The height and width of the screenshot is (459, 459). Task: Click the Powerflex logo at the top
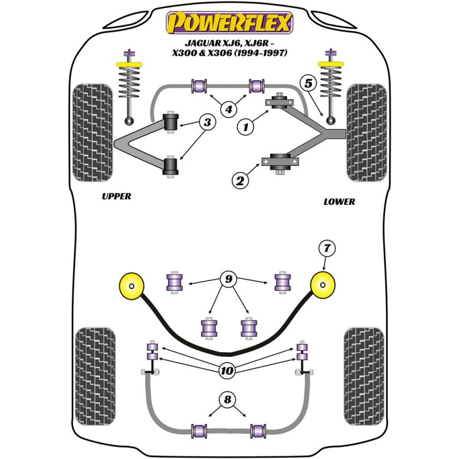pyautogui.click(x=229, y=22)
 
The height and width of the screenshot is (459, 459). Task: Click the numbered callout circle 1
pyautogui.click(x=246, y=128)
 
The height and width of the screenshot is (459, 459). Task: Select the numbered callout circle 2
pyautogui.click(x=239, y=181)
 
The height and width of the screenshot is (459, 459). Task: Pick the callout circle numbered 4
pyautogui.click(x=229, y=108)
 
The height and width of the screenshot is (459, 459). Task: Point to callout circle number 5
pyautogui.click(x=309, y=83)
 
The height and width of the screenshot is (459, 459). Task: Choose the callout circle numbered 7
pyautogui.click(x=327, y=248)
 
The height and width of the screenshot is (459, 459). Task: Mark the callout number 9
pyautogui.click(x=229, y=280)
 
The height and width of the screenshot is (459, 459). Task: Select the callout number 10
pyautogui.click(x=228, y=371)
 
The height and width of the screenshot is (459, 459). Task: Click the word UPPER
pyautogui.click(x=116, y=196)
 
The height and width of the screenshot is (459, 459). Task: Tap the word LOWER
pyautogui.click(x=339, y=201)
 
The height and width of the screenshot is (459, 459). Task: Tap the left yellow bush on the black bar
pyautogui.click(x=132, y=285)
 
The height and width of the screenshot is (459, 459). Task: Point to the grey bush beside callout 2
pyautogui.click(x=282, y=161)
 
